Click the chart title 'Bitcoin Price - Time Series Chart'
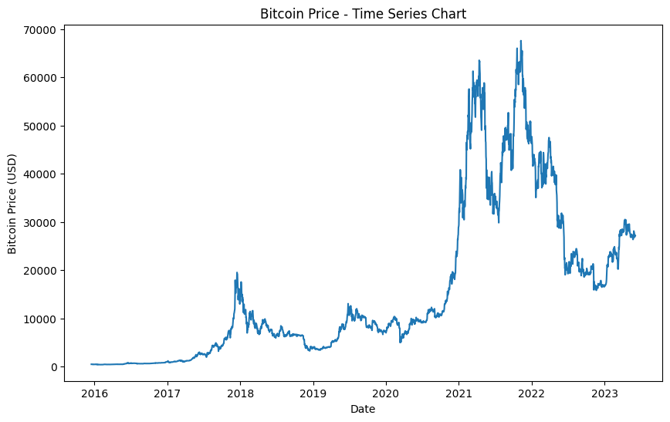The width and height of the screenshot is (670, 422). pyautogui.click(x=363, y=14)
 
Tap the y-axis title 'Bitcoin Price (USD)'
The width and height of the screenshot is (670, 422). pyautogui.click(x=12, y=203)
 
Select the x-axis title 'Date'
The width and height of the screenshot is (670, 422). pyautogui.click(x=363, y=410)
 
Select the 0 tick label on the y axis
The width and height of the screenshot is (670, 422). pyautogui.click(x=53, y=367)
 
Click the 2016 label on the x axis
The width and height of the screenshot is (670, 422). pyautogui.click(x=94, y=393)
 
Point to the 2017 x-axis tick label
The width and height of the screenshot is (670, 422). pyautogui.click(x=167, y=393)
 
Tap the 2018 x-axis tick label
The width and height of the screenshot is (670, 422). pyautogui.click(x=240, y=393)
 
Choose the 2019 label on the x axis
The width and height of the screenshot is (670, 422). pyautogui.click(x=313, y=393)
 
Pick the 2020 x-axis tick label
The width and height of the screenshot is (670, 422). pyautogui.click(x=385, y=393)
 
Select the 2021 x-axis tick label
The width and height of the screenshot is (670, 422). pyautogui.click(x=459, y=393)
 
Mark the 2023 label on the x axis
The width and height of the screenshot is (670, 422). pyautogui.click(x=604, y=393)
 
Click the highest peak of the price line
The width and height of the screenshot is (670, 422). pyautogui.click(x=521, y=41)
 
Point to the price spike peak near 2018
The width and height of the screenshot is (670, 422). pyautogui.click(x=237, y=272)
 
